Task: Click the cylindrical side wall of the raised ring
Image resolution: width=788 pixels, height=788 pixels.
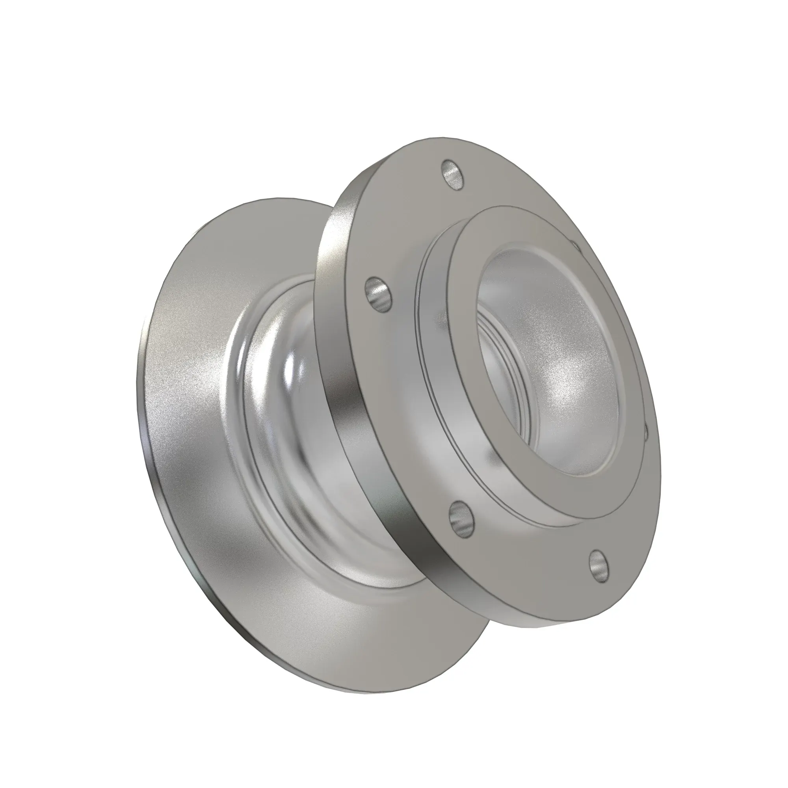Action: coord(432,367)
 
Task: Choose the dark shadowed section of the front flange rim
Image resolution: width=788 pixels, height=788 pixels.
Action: coord(412,538)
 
